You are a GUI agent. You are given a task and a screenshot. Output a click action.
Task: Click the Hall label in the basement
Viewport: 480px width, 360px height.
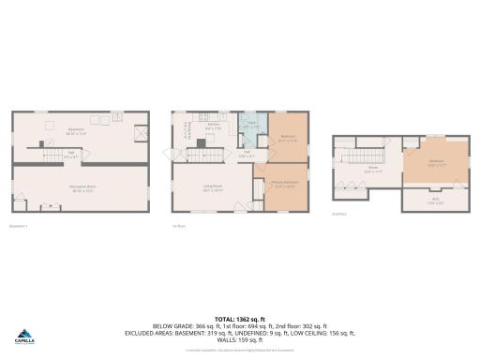pos(69,156)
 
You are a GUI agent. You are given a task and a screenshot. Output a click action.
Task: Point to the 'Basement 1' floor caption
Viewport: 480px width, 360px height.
pos(19,226)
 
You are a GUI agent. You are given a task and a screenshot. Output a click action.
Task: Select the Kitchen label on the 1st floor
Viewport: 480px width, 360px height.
pos(214,127)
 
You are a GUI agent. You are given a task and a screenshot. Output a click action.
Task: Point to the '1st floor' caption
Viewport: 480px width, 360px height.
pos(177,226)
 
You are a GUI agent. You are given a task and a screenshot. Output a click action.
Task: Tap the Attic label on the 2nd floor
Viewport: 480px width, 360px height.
pos(435,199)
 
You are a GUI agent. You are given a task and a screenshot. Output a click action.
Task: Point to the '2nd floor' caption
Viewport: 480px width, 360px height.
pos(338,214)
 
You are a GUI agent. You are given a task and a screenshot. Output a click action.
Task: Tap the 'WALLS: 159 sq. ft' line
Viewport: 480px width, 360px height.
pos(239,338)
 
